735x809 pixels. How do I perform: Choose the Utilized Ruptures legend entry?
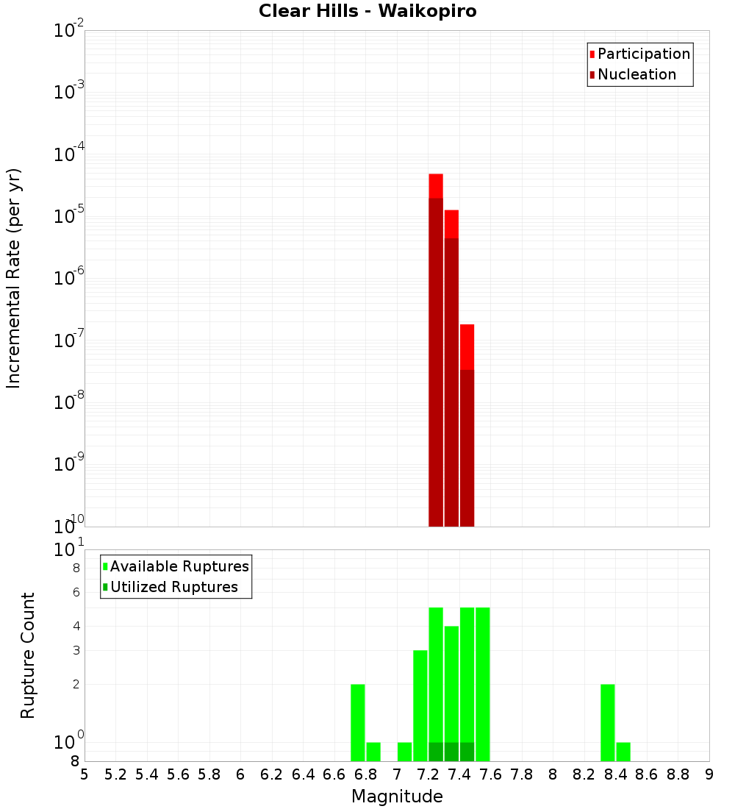[x=173, y=588]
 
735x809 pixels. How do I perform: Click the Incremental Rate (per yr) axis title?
[x=14, y=279]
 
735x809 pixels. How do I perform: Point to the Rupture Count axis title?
[x=28, y=655]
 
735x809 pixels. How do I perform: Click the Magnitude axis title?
[x=397, y=796]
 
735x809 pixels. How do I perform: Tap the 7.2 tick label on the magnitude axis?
[x=428, y=774]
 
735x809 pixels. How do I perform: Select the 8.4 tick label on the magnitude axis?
[x=616, y=774]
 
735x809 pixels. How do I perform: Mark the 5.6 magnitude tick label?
[x=178, y=774]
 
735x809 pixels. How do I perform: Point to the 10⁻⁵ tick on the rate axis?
[x=69, y=217]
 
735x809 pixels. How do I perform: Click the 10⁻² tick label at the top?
[x=69, y=31]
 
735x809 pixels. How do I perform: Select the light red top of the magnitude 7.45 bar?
[x=467, y=346]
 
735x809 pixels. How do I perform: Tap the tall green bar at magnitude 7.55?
[x=483, y=684]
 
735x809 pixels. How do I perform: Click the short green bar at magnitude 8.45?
[x=623, y=752]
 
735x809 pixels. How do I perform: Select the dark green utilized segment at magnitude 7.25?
[x=436, y=752]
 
